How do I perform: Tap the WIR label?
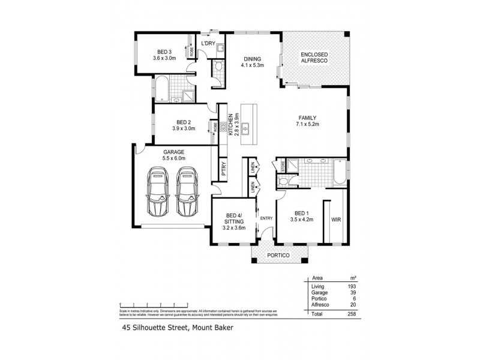click(x=335, y=220)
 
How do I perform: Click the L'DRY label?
click(x=208, y=44)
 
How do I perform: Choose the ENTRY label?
click(x=266, y=218)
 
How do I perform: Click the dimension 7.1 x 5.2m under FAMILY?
click(x=307, y=124)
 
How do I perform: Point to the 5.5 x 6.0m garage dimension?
click(x=173, y=158)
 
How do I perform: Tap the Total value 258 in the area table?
click(x=352, y=314)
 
